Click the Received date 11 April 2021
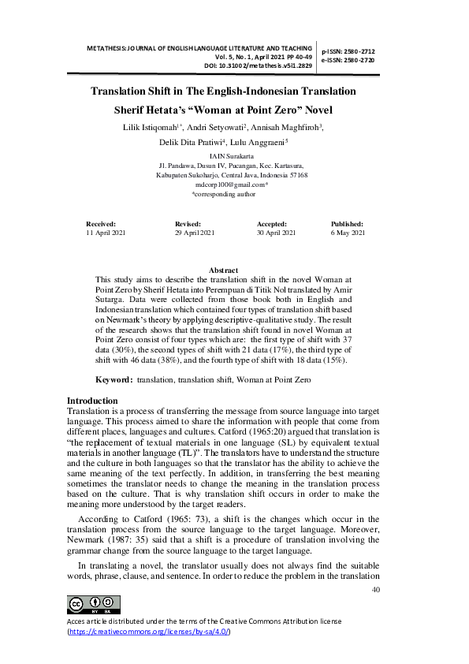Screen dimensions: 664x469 (105, 233)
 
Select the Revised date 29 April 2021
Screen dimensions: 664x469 (195, 233)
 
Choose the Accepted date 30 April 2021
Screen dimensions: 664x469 (277, 233)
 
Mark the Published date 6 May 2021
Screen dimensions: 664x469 (348, 233)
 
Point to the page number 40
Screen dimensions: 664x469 (375, 589)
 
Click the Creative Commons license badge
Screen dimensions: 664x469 (94, 605)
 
